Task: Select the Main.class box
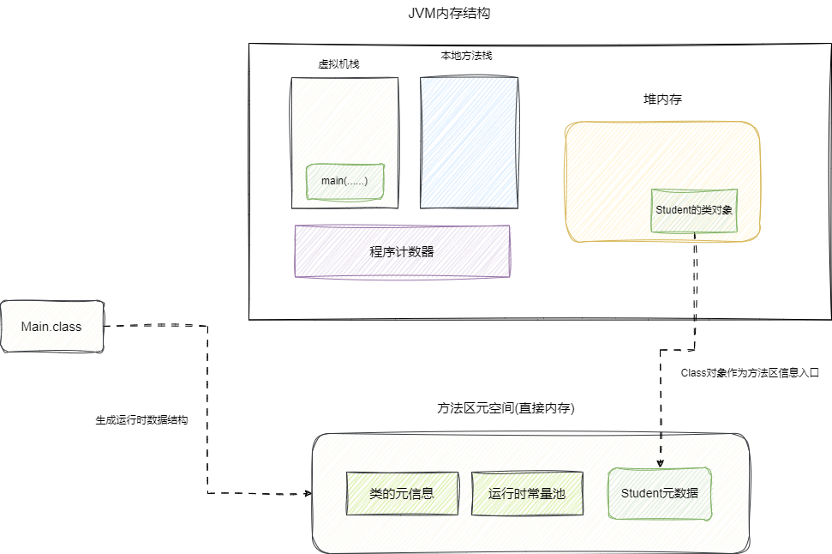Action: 51,326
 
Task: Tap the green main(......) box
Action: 344,181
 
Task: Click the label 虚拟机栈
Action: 338,64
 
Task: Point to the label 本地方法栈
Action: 466,56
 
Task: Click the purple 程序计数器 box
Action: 402,251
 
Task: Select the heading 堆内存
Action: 662,99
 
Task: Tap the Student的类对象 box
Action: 693,210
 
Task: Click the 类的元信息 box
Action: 401,493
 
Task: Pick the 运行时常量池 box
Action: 527,493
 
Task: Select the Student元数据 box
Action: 660,493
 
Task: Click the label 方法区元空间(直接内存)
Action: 506,409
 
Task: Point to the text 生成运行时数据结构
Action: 141,421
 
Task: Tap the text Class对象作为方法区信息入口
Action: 750,373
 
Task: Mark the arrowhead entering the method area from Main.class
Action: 307,494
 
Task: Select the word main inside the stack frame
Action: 332,181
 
